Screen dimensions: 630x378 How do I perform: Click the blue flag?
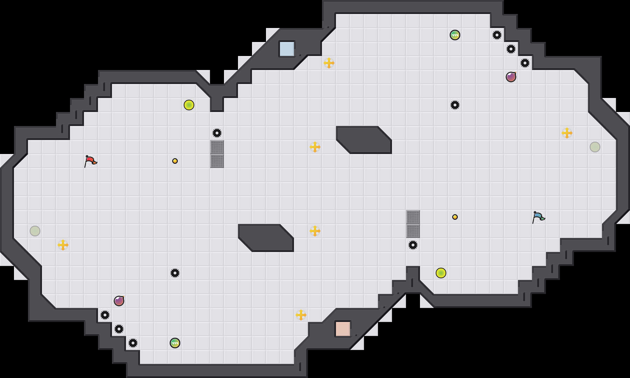click(538, 217)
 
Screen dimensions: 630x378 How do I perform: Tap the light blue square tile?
click(287, 49)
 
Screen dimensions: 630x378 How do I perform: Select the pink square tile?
click(343, 329)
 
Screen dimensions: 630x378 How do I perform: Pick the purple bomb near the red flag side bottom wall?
click(119, 301)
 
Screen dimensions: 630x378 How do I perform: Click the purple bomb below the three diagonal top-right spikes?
click(511, 77)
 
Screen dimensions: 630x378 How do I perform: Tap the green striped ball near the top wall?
click(455, 35)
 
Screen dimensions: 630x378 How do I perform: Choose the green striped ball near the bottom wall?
click(175, 343)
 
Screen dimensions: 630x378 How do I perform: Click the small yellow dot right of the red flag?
click(175, 161)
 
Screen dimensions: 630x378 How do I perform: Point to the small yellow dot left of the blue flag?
click(455, 217)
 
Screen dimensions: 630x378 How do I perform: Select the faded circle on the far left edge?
click(35, 231)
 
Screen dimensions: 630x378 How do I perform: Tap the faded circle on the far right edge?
click(595, 147)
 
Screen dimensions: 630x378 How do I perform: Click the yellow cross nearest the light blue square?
click(329, 63)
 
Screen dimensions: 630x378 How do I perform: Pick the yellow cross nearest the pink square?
click(301, 315)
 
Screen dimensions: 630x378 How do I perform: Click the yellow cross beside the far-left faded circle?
click(63, 245)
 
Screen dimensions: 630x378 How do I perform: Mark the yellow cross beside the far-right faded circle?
click(567, 133)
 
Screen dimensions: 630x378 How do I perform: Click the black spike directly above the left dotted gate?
click(217, 133)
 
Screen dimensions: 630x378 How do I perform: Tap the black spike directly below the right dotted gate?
click(413, 245)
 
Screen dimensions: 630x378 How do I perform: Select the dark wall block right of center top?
click(364, 140)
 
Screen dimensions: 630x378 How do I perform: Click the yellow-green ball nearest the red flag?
click(189, 105)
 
